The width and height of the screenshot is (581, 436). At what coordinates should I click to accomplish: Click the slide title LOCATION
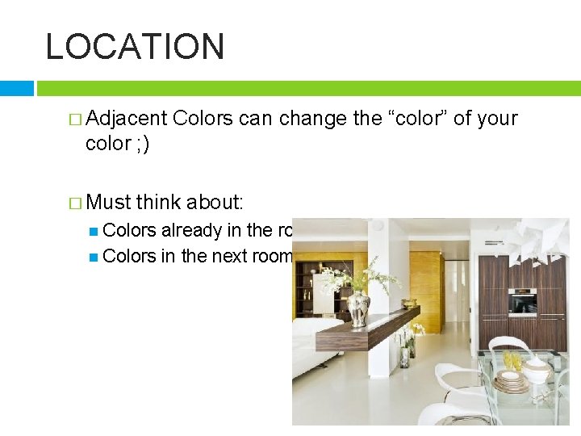[x=135, y=47]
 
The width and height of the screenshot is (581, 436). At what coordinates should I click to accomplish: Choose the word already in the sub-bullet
[x=191, y=230]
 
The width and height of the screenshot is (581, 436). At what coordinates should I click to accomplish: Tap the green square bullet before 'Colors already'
[x=94, y=231]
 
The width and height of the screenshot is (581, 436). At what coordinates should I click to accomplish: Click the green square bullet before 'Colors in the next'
[x=94, y=257]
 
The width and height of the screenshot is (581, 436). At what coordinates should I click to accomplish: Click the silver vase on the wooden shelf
[x=358, y=308]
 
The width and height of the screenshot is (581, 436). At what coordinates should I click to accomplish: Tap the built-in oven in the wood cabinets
[x=523, y=304]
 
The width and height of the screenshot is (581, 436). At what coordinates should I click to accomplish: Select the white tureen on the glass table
[x=537, y=370]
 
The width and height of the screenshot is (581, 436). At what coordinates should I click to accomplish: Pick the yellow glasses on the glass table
[x=511, y=361]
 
